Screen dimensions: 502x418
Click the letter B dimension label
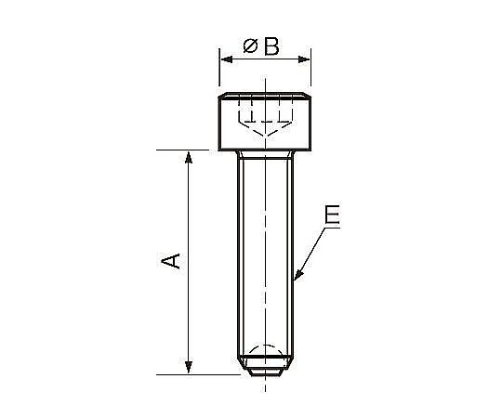pos(271,46)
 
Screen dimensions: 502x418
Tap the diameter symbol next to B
pos(250,46)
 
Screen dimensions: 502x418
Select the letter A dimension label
pos(171,261)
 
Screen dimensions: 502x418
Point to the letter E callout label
pos(332,215)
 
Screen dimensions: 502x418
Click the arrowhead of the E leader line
pos(298,274)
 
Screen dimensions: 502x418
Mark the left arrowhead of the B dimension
pos(227,59)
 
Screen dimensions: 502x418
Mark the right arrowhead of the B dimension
pos(304,59)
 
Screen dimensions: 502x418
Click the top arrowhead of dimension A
pos(189,157)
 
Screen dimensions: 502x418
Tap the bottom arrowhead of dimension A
pos(189,367)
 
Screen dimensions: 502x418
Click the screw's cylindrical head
pos(265,122)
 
